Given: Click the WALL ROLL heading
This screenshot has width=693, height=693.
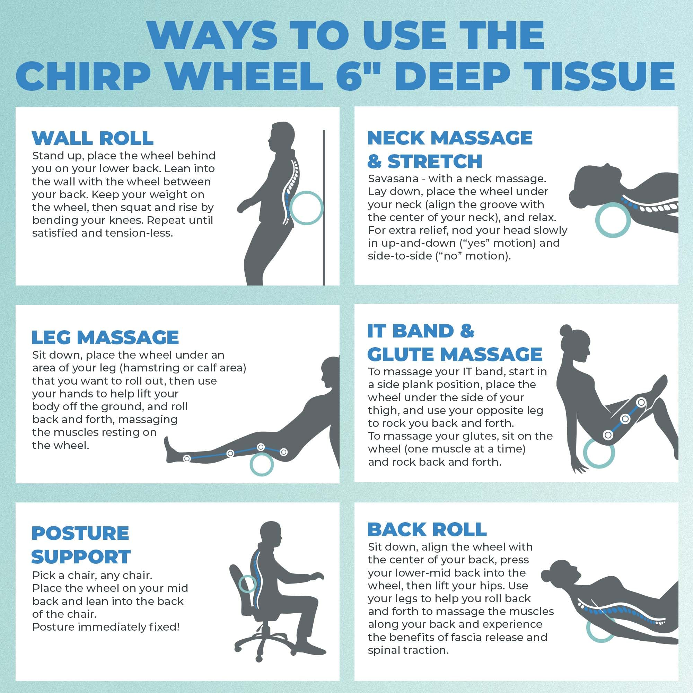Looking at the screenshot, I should pos(93,138).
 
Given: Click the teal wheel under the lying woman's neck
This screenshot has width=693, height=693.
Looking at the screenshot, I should pos(612,220).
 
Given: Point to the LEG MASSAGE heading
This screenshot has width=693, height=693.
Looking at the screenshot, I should pos(105,337).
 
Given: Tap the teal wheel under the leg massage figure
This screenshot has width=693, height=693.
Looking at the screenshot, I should pos(262,464).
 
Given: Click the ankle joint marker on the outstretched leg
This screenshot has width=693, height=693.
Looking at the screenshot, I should pos(186,458).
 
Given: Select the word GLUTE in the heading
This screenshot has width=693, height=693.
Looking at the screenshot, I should pos(401,354).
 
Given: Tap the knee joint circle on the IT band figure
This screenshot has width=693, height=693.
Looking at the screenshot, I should pos(641,402).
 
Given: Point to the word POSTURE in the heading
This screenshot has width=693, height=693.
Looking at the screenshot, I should pos(80,533).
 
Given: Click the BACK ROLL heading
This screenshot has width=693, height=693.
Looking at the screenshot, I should pos(427,529).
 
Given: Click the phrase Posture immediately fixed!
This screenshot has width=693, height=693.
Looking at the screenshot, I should pos(106,627).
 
